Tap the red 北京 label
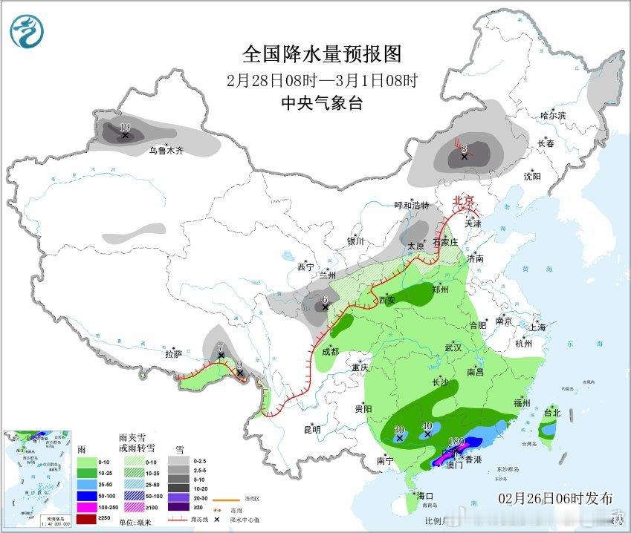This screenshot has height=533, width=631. coord(464,200)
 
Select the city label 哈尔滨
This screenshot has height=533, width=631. coord(553,115)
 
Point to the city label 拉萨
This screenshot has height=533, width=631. coord(173,354)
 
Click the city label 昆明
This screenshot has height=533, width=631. coord(311,429)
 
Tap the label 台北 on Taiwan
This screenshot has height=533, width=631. coord(551,412)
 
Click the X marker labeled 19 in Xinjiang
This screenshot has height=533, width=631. coord(126,135)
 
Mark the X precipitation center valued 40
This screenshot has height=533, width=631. coord(427,436)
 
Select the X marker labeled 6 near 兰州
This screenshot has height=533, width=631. coord(325,307)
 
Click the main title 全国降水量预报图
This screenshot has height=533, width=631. coord(322,53)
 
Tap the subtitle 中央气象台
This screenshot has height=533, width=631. coord(322,104)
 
